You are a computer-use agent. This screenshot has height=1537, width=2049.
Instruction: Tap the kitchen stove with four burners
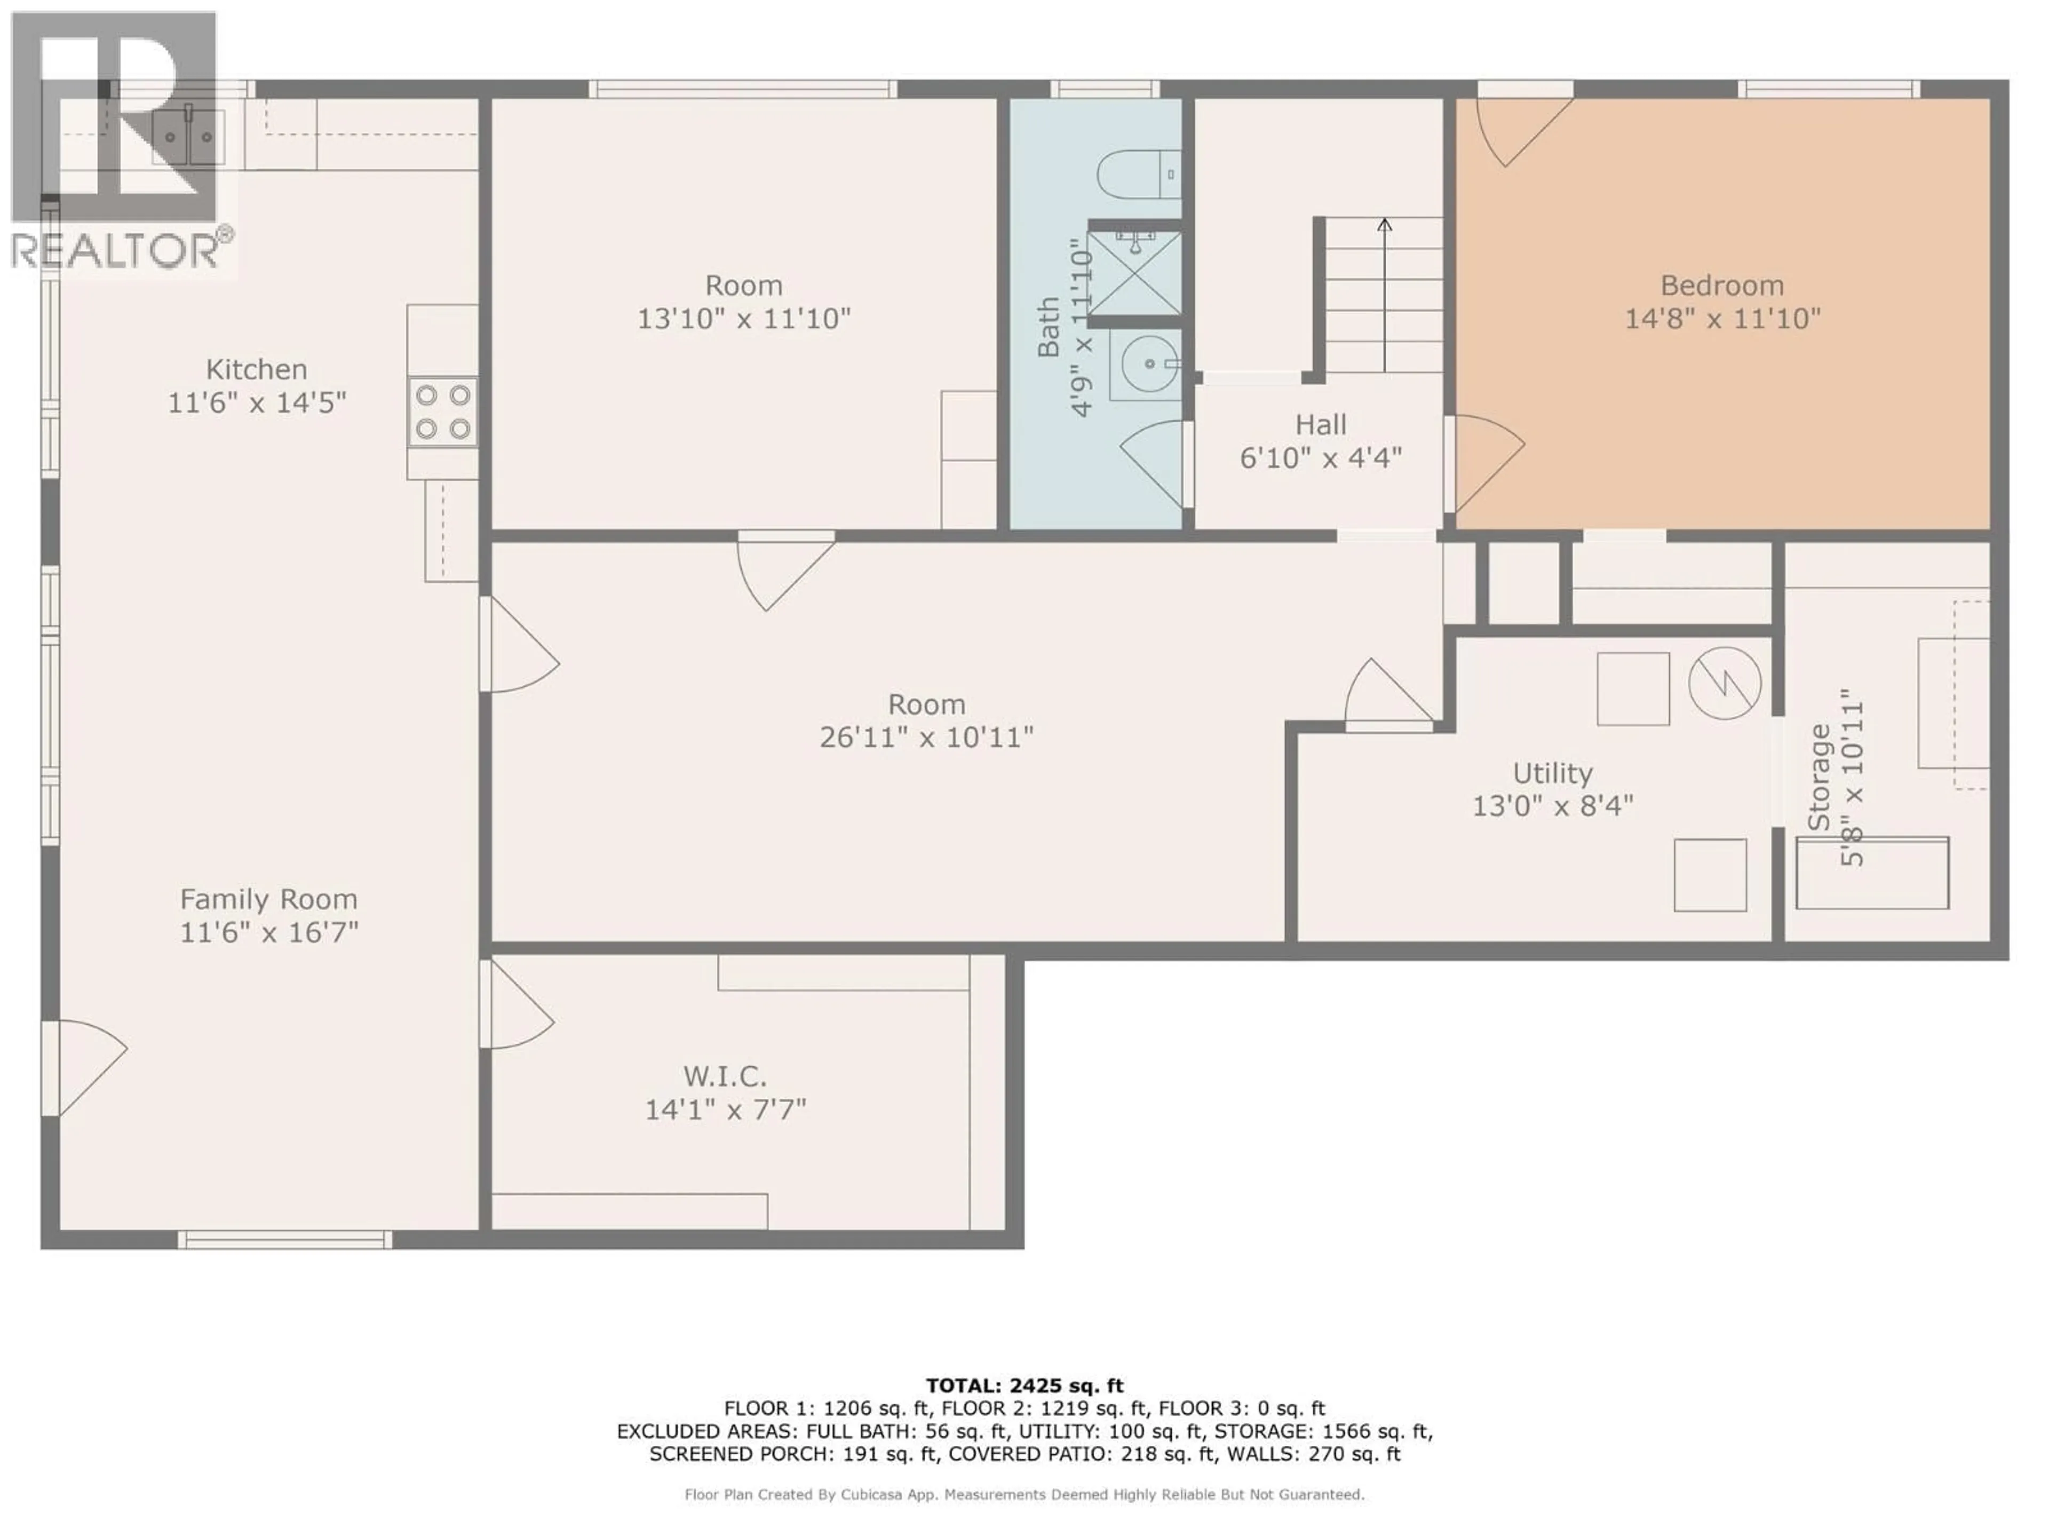point(443,413)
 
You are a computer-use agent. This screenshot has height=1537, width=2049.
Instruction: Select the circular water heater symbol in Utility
point(1724,683)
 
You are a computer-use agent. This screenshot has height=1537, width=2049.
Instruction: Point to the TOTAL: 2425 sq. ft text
point(1024,1386)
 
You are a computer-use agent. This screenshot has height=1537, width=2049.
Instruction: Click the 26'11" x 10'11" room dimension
point(926,738)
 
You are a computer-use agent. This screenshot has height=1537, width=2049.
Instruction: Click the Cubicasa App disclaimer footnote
point(1024,1494)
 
